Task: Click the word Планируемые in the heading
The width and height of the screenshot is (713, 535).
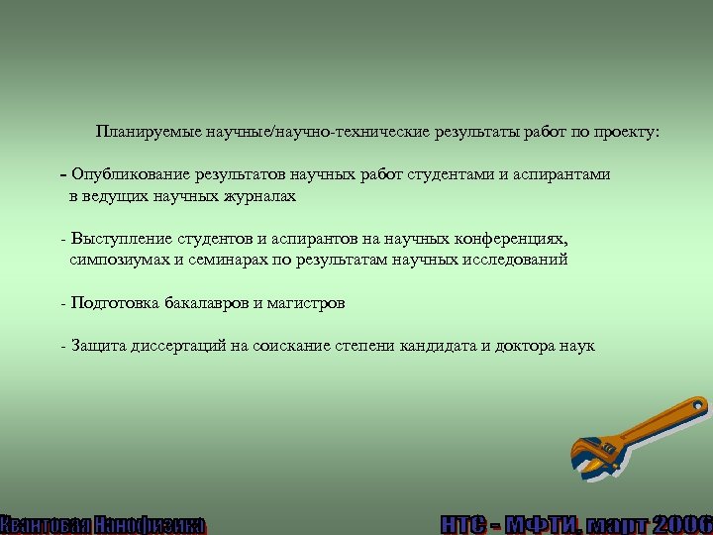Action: click(145, 131)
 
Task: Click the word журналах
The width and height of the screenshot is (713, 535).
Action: click(261, 196)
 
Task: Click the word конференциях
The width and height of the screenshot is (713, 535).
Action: click(510, 239)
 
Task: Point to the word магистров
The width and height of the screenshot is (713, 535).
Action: click(306, 303)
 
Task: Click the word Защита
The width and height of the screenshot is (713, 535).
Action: click(96, 346)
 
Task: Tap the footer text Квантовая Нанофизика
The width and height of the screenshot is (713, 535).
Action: click(103, 524)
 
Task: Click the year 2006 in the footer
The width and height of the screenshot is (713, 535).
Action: click(683, 524)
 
